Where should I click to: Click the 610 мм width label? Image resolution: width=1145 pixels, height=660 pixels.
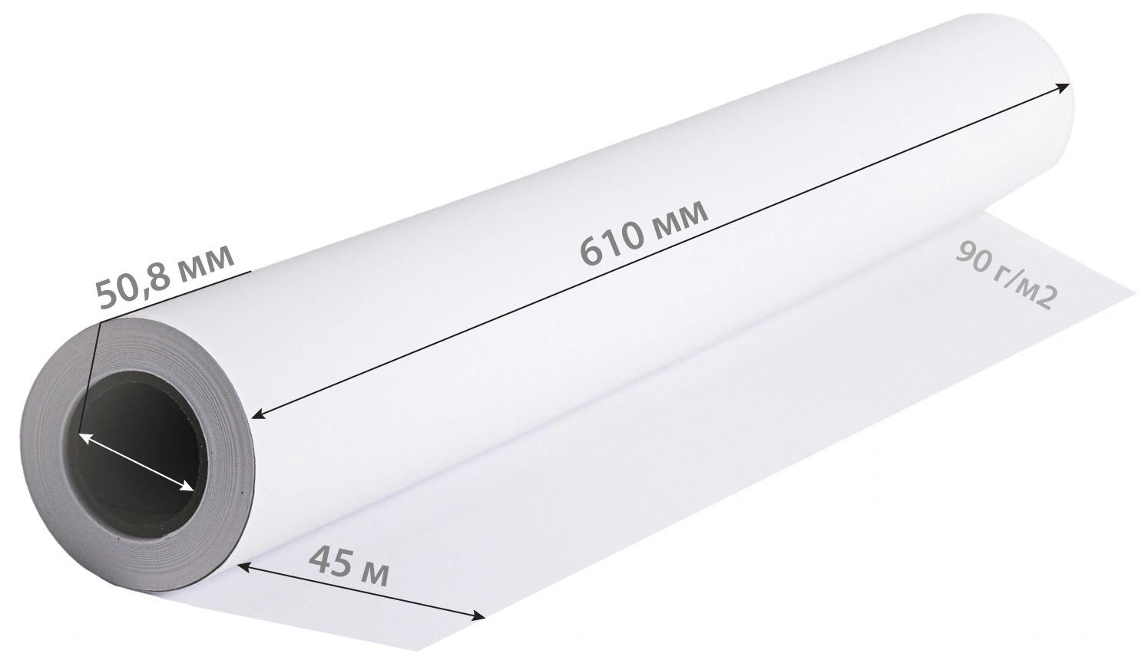pyautogui.click(x=645, y=233)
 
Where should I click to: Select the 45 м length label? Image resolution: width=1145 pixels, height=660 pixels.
pyautogui.click(x=349, y=566)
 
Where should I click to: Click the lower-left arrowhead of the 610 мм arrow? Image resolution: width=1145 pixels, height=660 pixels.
pyautogui.click(x=259, y=414)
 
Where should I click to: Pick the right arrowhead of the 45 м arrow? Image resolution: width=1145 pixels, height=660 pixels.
pyautogui.click(x=478, y=616)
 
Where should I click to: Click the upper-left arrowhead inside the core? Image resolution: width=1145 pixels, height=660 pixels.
pyautogui.click(x=85, y=439)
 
